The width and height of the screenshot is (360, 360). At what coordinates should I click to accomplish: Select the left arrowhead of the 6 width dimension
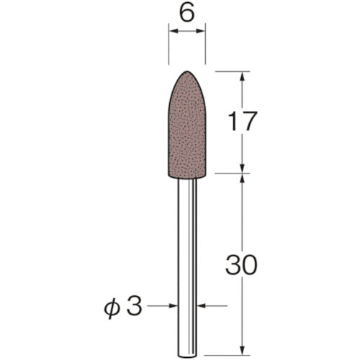[171, 32]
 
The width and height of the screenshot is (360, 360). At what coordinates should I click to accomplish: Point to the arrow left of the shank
[173, 307]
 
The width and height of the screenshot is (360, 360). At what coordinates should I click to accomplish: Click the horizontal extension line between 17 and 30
[230, 173]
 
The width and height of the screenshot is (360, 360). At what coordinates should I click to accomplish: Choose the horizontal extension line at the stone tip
[230, 71]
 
